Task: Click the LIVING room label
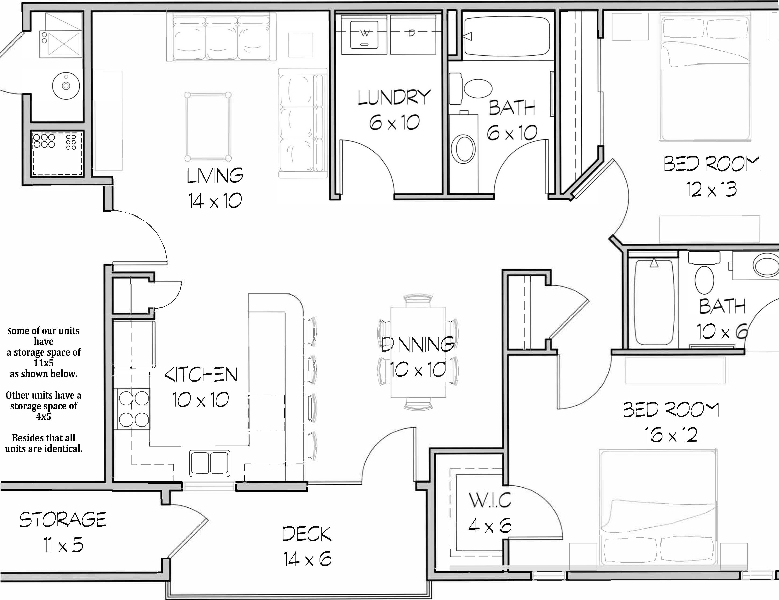click(215, 175)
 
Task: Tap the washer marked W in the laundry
click(364, 34)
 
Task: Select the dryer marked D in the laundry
click(413, 34)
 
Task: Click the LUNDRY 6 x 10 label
click(394, 110)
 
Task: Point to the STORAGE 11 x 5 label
click(63, 532)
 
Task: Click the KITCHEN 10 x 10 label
click(200, 387)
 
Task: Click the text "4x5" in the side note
click(43, 416)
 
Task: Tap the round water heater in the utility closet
click(66, 86)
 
